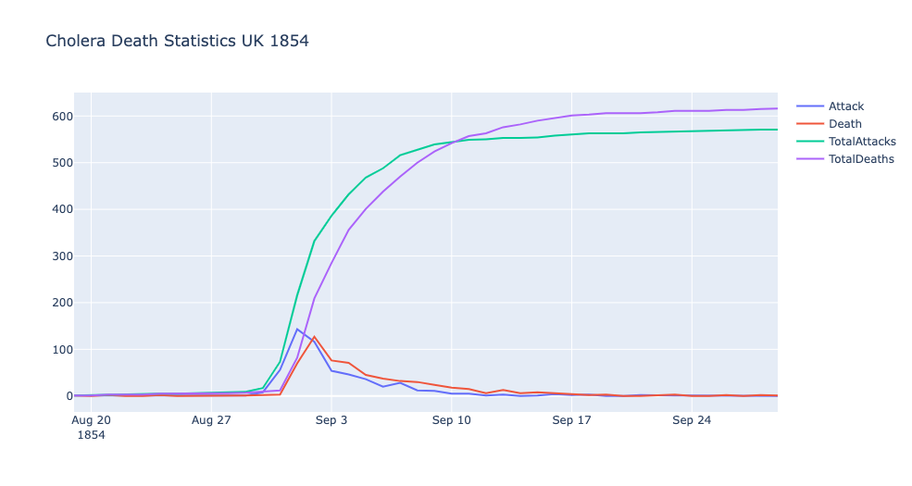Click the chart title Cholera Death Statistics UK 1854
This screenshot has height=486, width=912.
point(177,42)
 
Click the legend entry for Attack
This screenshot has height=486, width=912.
point(845,106)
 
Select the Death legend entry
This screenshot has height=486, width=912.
point(844,124)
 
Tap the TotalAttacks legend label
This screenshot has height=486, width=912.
point(862,142)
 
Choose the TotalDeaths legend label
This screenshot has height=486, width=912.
point(861,159)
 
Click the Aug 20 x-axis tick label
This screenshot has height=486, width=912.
point(92,420)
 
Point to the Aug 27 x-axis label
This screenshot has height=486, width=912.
point(211,420)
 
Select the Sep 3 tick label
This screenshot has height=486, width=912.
point(331,420)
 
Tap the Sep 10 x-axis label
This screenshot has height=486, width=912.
point(452,420)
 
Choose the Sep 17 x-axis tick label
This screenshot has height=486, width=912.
point(572,420)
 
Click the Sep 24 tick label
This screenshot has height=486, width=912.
point(693,420)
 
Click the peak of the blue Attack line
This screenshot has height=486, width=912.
point(297,329)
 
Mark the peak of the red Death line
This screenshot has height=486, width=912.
point(315,336)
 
